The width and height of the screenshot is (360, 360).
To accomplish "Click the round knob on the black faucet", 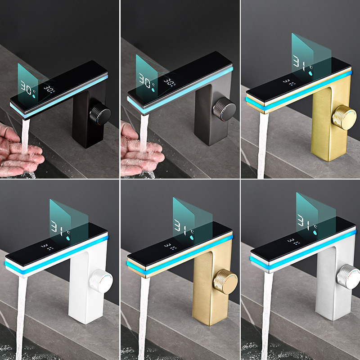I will [x=99, y=112].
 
